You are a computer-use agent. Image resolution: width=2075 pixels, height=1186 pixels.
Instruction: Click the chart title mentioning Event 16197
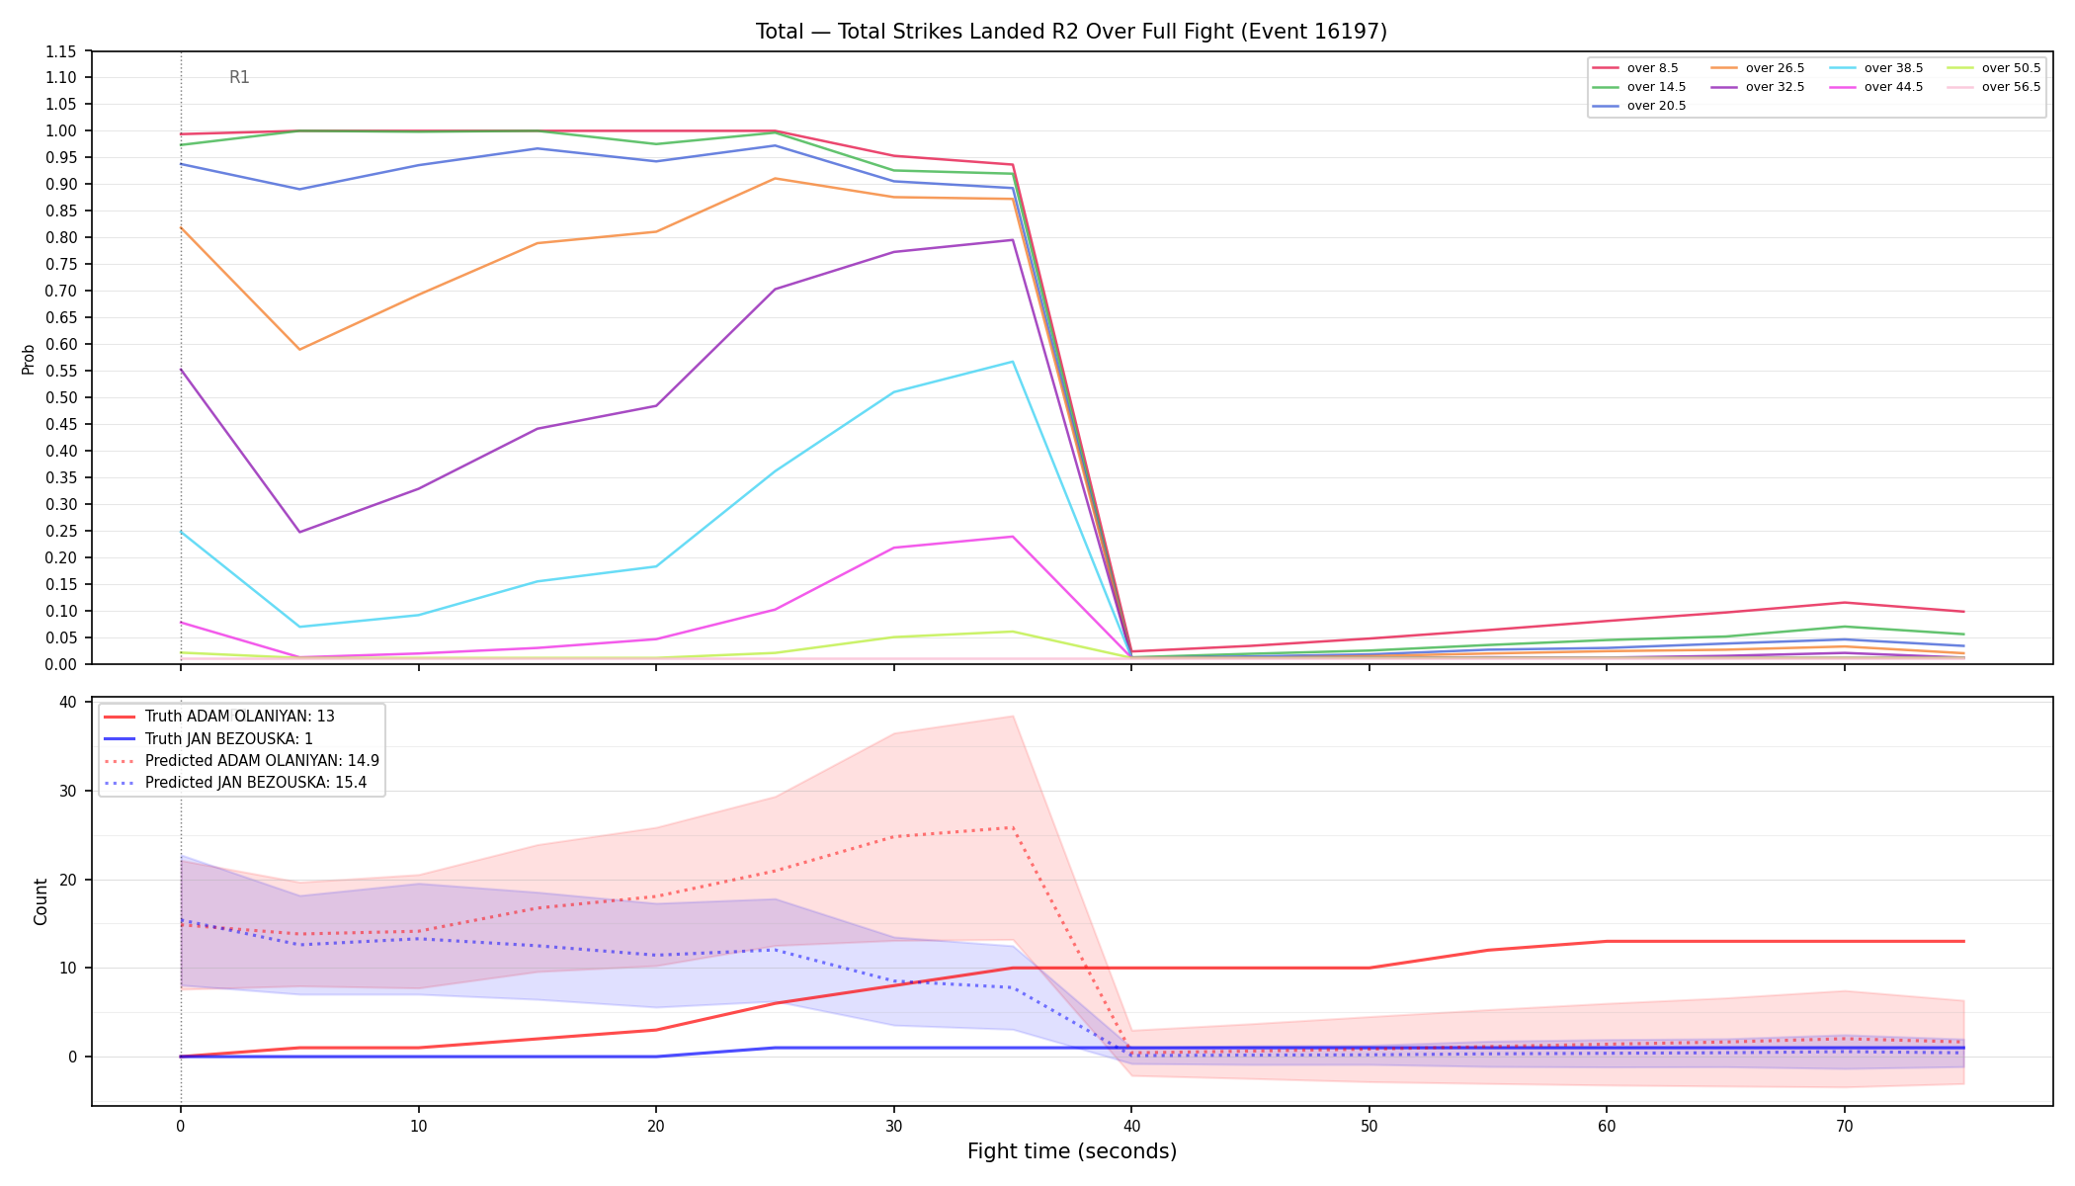(1071, 32)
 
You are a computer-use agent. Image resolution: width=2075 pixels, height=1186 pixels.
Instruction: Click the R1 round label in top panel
(239, 77)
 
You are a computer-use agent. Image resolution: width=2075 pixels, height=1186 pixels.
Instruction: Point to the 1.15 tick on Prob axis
(61, 51)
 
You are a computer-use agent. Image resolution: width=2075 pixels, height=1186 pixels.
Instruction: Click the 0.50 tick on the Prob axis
(61, 397)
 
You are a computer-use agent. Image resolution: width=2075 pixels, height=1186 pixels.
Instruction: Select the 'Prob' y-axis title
(28, 359)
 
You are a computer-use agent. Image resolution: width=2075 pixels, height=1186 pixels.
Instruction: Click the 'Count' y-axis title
(41, 901)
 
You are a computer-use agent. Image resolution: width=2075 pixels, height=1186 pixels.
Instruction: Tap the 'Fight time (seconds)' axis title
(1072, 1151)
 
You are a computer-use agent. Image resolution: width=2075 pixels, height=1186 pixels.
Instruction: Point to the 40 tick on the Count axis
(68, 702)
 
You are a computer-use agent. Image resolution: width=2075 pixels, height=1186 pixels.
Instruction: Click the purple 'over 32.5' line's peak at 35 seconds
(1013, 240)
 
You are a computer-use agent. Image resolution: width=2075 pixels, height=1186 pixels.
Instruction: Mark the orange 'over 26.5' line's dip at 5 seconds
(299, 349)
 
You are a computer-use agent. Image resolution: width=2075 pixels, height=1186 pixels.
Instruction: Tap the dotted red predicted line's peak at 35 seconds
(1013, 827)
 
